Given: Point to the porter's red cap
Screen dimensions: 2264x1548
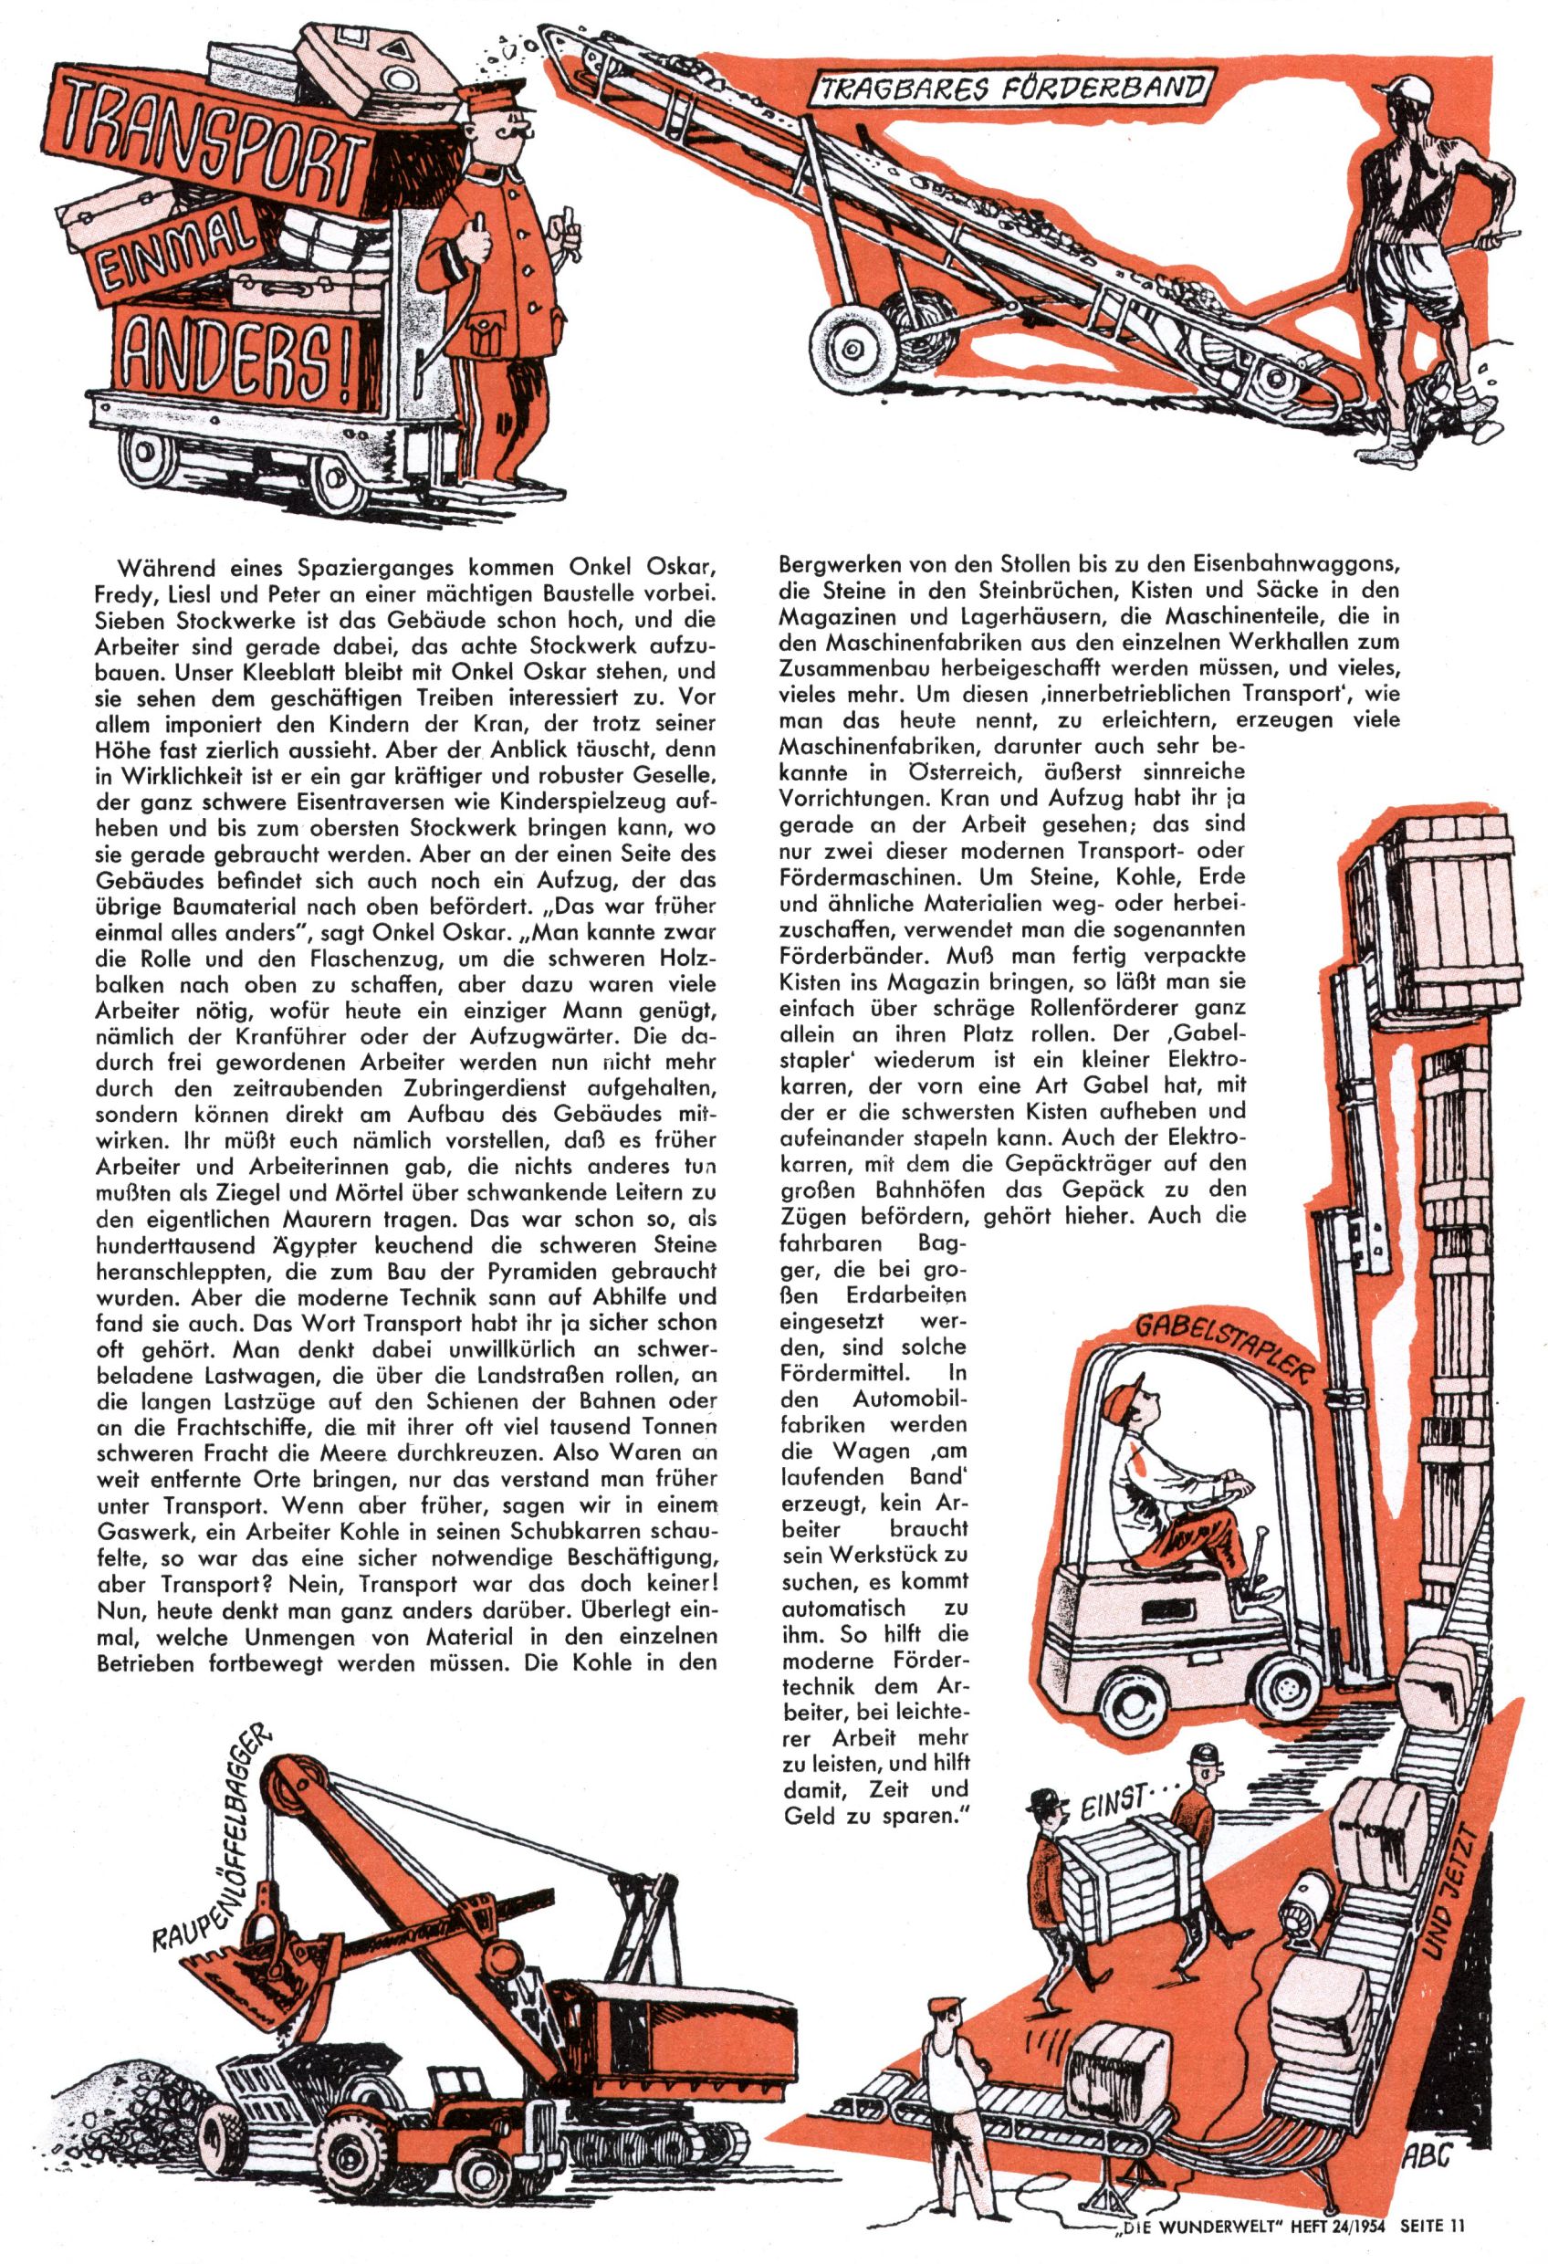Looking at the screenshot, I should pyautogui.click(x=494, y=99).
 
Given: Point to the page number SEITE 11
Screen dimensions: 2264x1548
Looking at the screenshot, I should pyautogui.click(x=1432, y=2244).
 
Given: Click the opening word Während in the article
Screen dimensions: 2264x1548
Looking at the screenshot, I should pyautogui.click(x=157, y=567).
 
